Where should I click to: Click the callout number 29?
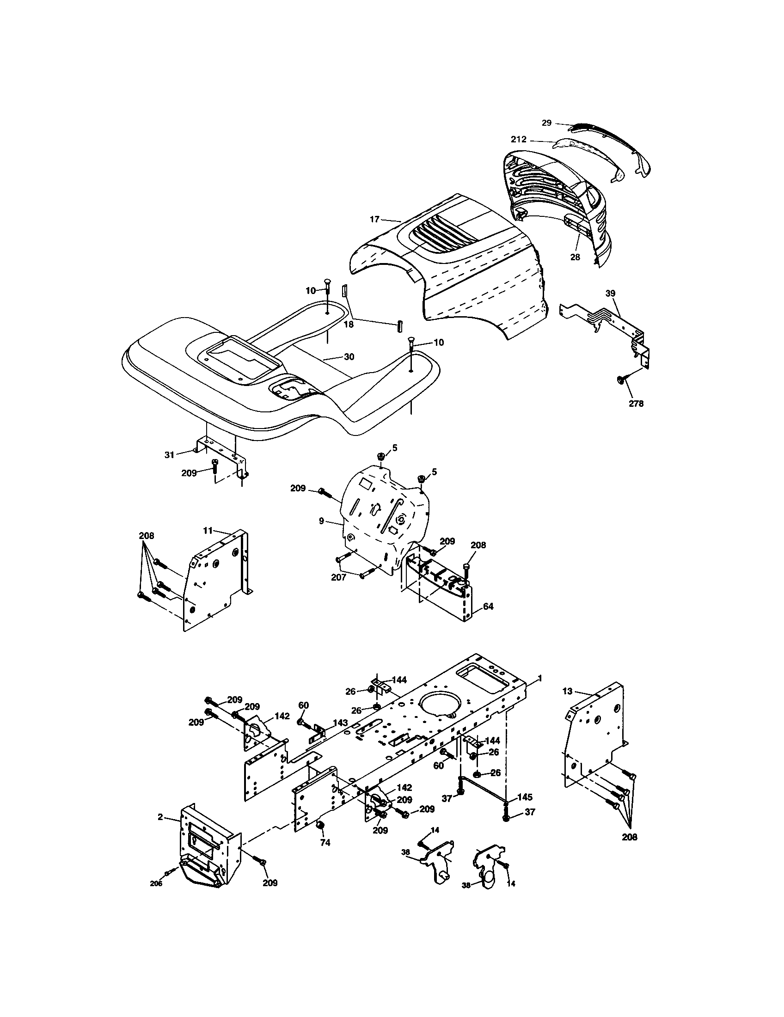(x=546, y=123)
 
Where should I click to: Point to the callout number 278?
(x=636, y=404)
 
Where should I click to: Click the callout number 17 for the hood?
(x=375, y=219)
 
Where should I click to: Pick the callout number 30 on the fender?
(x=349, y=357)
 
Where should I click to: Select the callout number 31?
(x=169, y=454)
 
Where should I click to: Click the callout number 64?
(x=488, y=607)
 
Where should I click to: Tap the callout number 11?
(x=208, y=530)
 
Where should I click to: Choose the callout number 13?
(x=567, y=692)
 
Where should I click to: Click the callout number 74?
(x=325, y=842)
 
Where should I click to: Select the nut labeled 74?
(x=320, y=826)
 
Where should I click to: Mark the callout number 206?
(x=156, y=883)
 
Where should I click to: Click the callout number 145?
(x=525, y=797)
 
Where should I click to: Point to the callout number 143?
(x=340, y=735)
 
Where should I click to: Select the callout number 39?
(x=610, y=294)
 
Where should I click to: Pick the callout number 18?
(x=349, y=324)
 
